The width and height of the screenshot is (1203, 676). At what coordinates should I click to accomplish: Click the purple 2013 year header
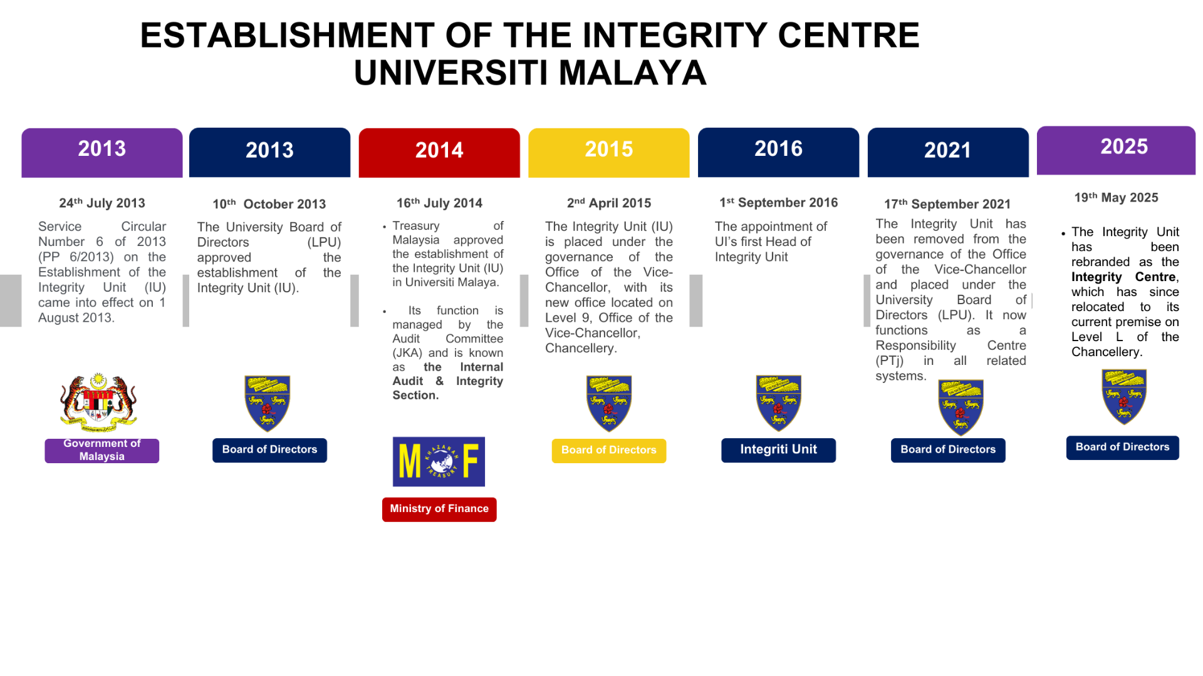click(x=102, y=153)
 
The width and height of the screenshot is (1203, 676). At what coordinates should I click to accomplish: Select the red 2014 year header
click(x=439, y=153)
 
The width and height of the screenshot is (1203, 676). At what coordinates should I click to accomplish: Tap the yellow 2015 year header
click(x=609, y=153)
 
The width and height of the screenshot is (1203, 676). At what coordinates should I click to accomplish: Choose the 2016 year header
click(x=779, y=153)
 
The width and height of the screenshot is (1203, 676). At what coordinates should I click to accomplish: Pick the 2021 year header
click(x=948, y=153)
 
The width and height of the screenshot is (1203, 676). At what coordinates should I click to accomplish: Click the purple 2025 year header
click(x=1117, y=150)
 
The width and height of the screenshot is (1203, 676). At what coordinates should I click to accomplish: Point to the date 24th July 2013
click(x=102, y=203)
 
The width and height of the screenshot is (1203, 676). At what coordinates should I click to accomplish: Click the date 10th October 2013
click(x=269, y=204)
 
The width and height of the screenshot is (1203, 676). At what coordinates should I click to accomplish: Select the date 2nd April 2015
click(x=609, y=203)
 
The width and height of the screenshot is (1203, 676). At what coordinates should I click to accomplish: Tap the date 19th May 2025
click(x=1117, y=197)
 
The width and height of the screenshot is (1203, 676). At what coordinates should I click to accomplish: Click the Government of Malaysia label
click(x=102, y=450)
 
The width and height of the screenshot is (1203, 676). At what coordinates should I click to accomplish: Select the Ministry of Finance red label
click(x=439, y=509)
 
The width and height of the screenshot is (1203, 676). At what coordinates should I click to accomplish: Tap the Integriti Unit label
click(x=779, y=450)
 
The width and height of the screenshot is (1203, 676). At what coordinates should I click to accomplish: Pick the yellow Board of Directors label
click(x=609, y=451)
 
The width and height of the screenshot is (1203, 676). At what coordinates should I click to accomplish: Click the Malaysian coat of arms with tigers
click(x=98, y=402)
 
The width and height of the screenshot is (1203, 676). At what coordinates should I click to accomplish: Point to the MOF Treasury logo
click(x=439, y=461)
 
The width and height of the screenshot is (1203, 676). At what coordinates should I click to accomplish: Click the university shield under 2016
click(x=779, y=403)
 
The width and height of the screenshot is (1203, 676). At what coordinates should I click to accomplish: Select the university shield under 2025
click(x=1124, y=397)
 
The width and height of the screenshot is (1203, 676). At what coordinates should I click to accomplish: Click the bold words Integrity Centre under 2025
click(x=1124, y=277)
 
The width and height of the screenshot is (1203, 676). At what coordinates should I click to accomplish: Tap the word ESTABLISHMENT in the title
click(x=287, y=36)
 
